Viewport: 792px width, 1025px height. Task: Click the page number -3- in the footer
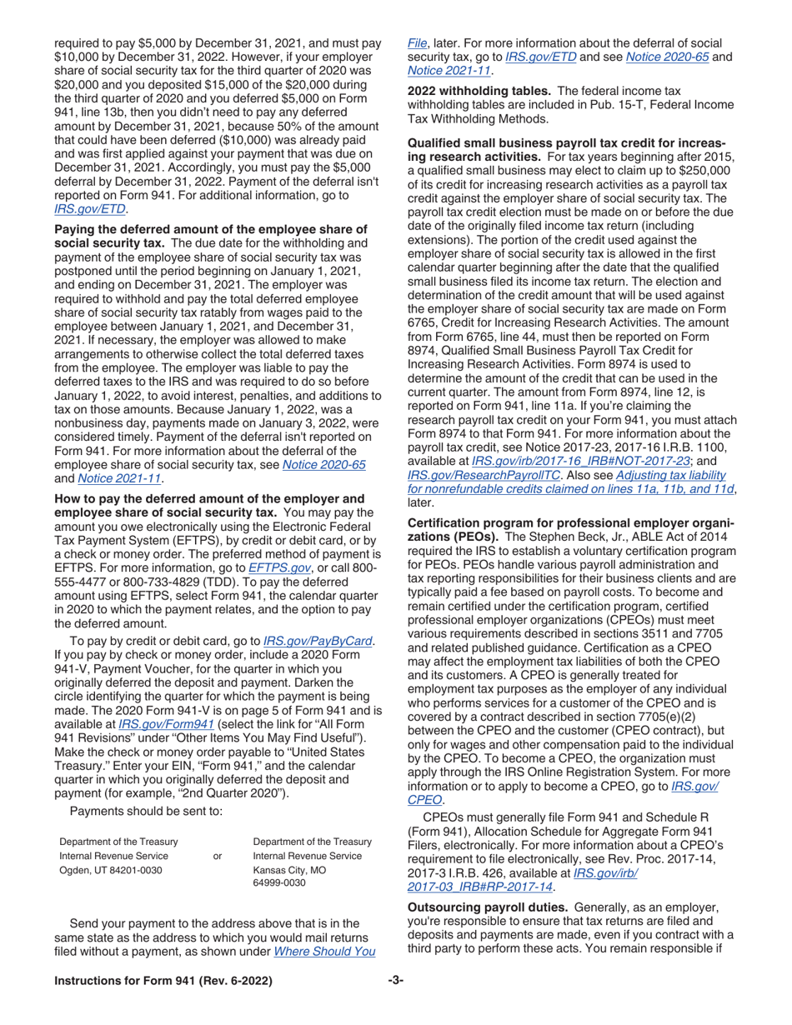click(x=395, y=981)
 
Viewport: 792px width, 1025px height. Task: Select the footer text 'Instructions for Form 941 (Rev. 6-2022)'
click(x=163, y=982)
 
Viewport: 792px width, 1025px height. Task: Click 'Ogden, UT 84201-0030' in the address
click(x=111, y=871)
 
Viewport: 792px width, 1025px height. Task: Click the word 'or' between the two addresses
click(x=218, y=857)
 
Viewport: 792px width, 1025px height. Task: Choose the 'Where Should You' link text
click(x=324, y=951)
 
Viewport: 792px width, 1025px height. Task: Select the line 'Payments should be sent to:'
click(x=146, y=812)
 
